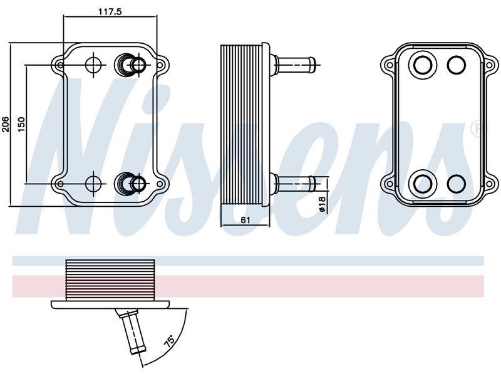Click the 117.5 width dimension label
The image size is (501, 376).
pyautogui.click(x=110, y=12)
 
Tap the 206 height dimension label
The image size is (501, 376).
pyautogui.click(x=6, y=124)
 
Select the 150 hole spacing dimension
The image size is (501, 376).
pyautogui.click(x=21, y=125)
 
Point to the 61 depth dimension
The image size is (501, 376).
pyautogui.click(x=245, y=220)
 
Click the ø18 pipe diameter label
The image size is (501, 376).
pyautogui.click(x=322, y=204)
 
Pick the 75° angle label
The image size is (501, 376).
pyautogui.click(x=170, y=341)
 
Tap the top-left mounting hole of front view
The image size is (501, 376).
pyautogui.click(x=59, y=65)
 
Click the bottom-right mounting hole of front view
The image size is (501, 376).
pyautogui.click(x=160, y=184)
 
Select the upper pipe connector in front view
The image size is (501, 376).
pyautogui.click(x=130, y=65)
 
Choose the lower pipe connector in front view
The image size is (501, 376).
pyautogui.click(x=130, y=184)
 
